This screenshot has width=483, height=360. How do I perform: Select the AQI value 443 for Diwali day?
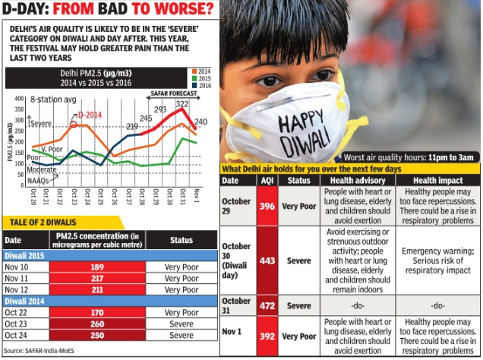point(265,261)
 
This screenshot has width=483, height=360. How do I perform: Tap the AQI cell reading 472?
point(265,306)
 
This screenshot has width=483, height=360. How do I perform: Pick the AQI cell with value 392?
point(265,336)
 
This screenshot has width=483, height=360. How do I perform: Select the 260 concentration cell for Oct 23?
point(96,322)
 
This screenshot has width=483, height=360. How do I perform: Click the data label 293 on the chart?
point(160,110)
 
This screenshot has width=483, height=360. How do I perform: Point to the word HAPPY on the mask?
point(296,122)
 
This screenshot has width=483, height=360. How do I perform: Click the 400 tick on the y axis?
point(21,99)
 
